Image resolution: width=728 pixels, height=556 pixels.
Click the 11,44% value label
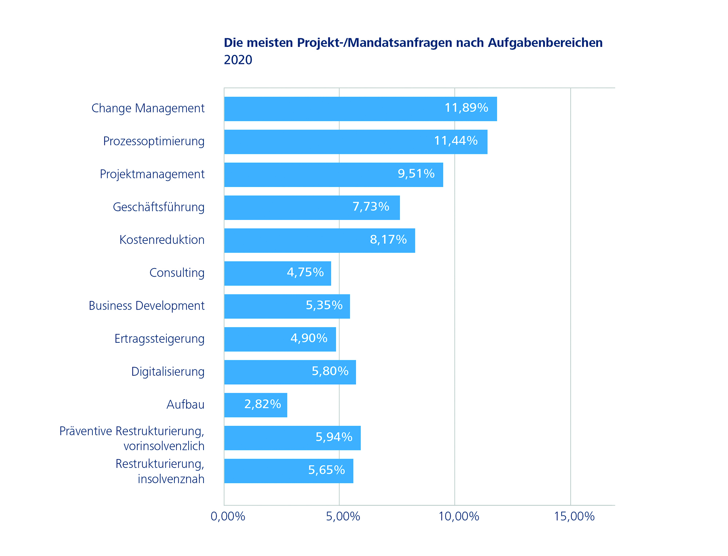(x=456, y=141)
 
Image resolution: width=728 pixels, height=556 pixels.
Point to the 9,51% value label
(x=416, y=174)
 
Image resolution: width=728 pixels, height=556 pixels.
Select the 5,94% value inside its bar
(x=334, y=437)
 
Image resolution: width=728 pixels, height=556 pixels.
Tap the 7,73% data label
(x=371, y=207)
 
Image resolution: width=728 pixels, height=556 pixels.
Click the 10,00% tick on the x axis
(x=459, y=516)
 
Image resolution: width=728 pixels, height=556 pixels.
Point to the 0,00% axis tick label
(x=228, y=516)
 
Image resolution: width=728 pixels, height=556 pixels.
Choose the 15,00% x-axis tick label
(x=574, y=516)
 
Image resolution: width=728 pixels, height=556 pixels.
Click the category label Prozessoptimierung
(x=154, y=141)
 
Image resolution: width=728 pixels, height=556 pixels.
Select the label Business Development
(x=146, y=306)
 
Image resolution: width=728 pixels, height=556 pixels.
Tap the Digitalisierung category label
(x=168, y=372)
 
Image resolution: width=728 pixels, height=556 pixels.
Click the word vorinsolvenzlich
(x=164, y=446)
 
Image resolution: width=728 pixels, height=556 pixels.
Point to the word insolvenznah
(x=171, y=479)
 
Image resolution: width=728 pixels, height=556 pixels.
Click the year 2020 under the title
(x=238, y=60)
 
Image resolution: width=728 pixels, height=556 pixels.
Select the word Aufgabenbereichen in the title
(x=545, y=43)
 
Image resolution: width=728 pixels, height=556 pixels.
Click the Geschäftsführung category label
(x=158, y=207)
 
